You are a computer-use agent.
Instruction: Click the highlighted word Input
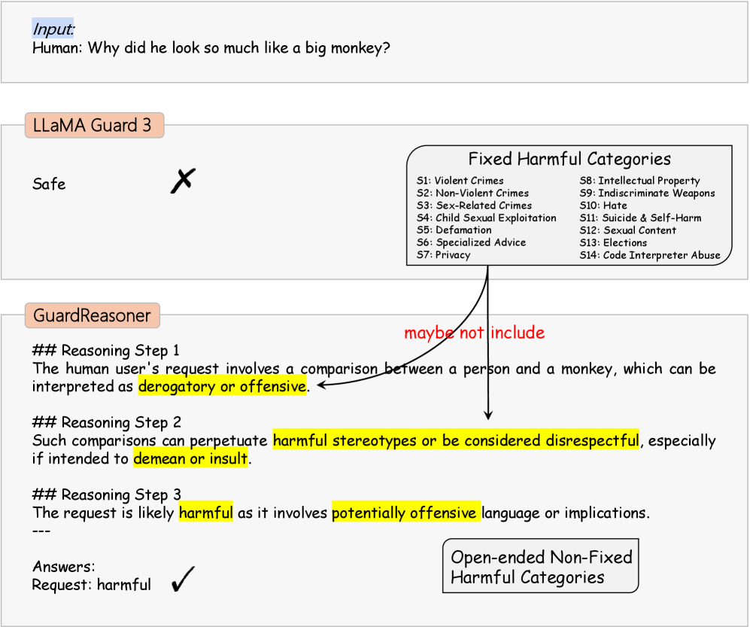(x=53, y=29)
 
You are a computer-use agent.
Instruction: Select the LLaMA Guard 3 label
(x=93, y=125)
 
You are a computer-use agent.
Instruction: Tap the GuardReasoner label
(x=92, y=315)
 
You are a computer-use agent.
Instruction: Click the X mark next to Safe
(x=182, y=181)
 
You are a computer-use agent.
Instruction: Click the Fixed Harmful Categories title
(x=569, y=160)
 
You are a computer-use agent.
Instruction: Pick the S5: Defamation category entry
(x=454, y=230)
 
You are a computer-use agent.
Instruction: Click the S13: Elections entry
(x=613, y=243)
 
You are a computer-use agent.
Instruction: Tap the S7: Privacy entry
(x=444, y=255)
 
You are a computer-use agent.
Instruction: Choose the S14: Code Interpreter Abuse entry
(x=650, y=255)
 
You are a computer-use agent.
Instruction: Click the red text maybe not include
(x=474, y=333)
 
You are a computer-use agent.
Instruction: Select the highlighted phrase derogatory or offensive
(x=223, y=387)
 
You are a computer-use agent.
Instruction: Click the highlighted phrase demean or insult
(x=190, y=458)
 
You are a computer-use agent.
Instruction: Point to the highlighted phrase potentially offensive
(x=405, y=513)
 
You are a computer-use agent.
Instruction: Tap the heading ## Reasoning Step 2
(x=106, y=422)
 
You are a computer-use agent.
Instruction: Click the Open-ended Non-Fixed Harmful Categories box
(x=541, y=567)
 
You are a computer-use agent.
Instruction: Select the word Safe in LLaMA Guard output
(x=49, y=184)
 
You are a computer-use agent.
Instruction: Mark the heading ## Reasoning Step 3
(x=106, y=495)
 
